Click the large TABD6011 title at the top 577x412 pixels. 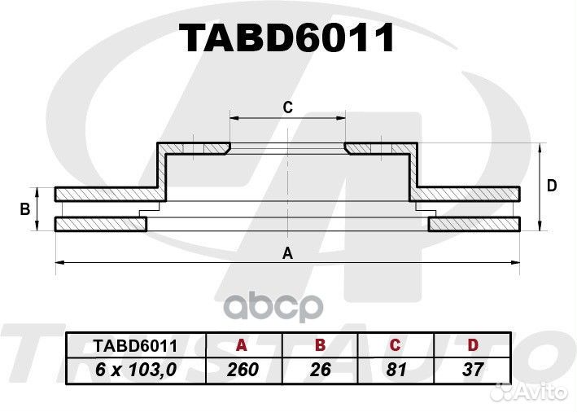[x=286, y=38]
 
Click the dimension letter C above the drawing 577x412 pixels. [x=287, y=107]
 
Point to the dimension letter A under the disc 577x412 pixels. [x=287, y=253]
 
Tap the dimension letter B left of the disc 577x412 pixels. [x=25, y=209]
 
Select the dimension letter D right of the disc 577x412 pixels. [x=552, y=186]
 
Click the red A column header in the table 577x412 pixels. [x=242, y=345]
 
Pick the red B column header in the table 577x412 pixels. [x=320, y=345]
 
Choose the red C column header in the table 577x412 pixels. [x=395, y=345]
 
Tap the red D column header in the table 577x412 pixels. [x=473, y=345]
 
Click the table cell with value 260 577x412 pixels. [x=243, y=370]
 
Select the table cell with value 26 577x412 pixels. [x=321, y=370]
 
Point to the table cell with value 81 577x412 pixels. [x=396, y=370]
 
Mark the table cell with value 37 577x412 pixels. [x=473, y=370]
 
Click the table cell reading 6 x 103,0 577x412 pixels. [x=136, y=370]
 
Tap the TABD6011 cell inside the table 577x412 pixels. [x=136, y=346]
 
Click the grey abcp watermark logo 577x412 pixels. [x=273, y=306]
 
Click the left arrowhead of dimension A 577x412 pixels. [x=58, y=262]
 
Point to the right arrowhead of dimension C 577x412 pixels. [x=343, y=118]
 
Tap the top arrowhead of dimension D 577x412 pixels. [x=540, y=147]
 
